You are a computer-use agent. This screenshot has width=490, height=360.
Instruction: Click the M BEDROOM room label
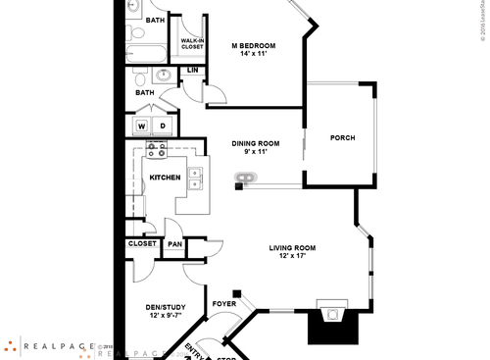click(x=253, y=45)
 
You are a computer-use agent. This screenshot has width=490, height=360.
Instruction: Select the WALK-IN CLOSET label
click(x=192, y=42)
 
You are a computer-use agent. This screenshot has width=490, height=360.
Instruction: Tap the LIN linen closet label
click(x=193, y=71)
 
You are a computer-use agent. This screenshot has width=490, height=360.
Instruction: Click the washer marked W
click(x=142, y=126)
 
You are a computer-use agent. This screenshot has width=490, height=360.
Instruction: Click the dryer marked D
click(x=163, y=126)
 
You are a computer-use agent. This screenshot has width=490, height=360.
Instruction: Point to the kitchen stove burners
click(x=156, y=149)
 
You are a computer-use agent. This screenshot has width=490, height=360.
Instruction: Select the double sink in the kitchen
click(x=196, y=178)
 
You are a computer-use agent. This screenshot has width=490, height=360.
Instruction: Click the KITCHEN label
click(x=164, y=178)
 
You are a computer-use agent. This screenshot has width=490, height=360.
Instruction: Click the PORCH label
click(x=342, y=137)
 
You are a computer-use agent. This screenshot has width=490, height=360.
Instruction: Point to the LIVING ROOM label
click(x=297, y=247)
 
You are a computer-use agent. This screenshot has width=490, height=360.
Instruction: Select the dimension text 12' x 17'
click(x=297, y=256)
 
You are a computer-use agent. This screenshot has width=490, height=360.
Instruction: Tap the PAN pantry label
click(x=174, y=244)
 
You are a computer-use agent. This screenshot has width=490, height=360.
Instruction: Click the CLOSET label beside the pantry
click(x=142, y=244)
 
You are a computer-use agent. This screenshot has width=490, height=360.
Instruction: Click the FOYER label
click(x=224, y=304)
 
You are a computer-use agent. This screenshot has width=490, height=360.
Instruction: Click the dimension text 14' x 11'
click(x=253, y=54)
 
